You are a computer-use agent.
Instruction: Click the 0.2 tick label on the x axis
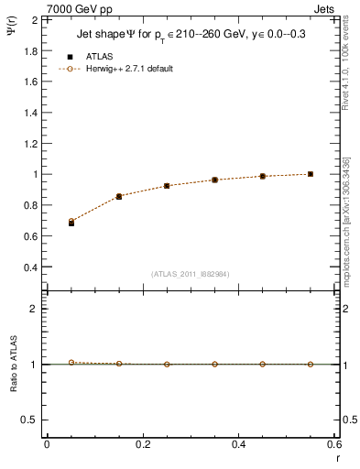(x=142, y=444)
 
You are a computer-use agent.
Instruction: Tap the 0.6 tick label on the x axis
(x=333, y=444)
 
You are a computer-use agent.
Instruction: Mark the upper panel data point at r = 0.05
(x=71, y=223)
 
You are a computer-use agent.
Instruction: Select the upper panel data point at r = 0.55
(x=311, y=174)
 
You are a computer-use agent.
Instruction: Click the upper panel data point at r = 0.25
(x=167, y=186)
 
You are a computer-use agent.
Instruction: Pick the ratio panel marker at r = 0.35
(x=214, y=364)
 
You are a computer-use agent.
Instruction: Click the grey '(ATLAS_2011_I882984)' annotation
(x=191, y=274)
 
